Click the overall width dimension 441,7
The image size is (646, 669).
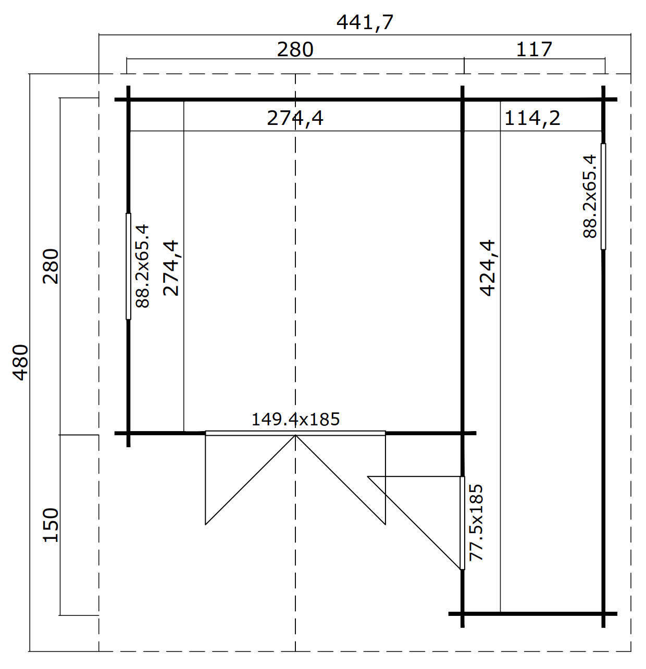pyautogui.click(x=364, y=23)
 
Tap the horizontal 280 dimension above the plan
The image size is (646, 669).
pyautogui.click(x=295, y=49)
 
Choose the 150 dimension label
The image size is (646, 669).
pyautogui.click(x=51, y=525)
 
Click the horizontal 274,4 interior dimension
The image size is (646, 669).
pyautogui.click(x=295, y=118)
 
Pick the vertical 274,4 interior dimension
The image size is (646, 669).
pyautogui.click(x=171, y=268)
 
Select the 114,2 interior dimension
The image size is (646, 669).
pyautogui.click(x=532, y=118)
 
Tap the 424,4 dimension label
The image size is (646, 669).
pyautogui.click(x=488, y=268)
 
